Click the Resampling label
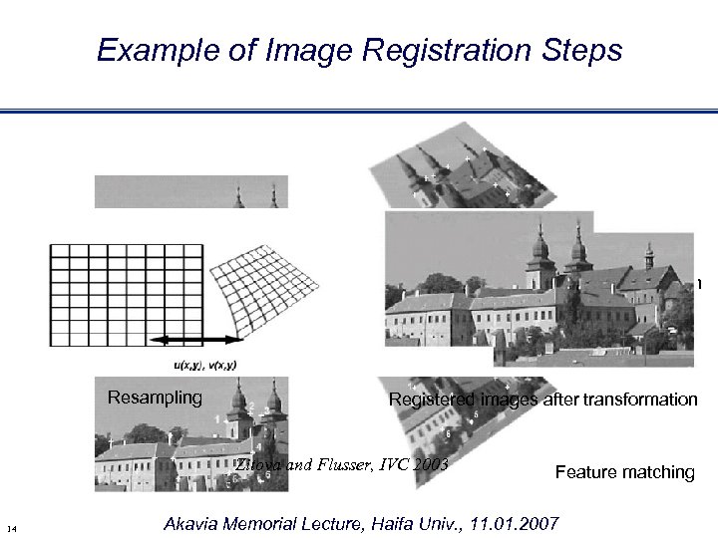pos(155,399)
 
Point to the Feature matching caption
pos(624,471)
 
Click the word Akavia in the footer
pos(190,522)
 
